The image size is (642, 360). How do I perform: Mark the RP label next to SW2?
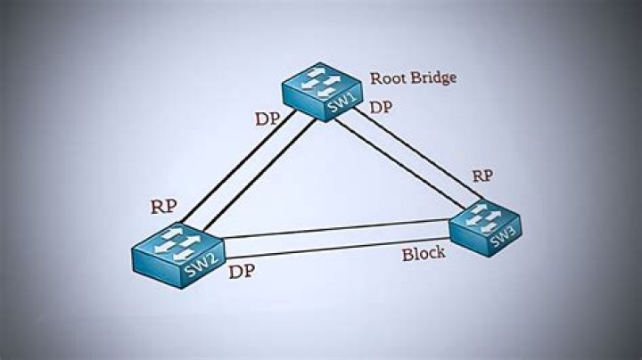click(164, 207)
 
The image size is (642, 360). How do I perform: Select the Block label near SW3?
click(423, 254)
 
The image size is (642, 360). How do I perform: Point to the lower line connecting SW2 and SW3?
click(339, 246)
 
